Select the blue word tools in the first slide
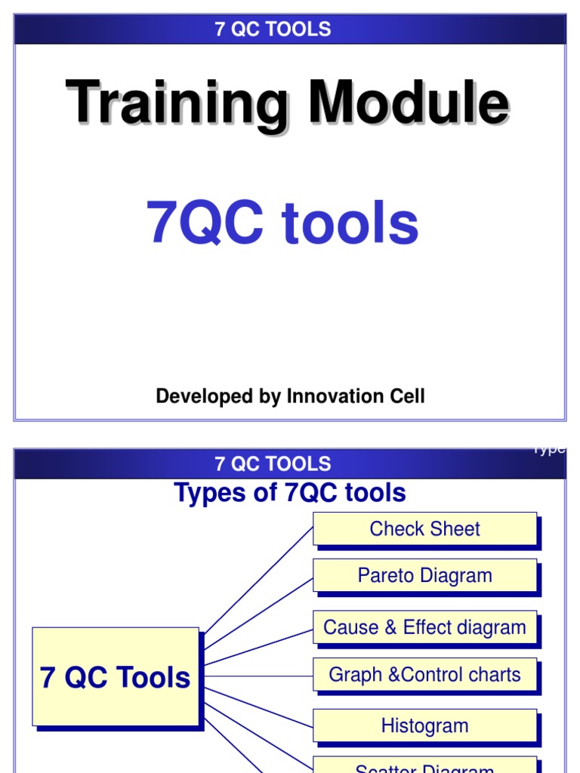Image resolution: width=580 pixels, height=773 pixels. (x=350, y=223)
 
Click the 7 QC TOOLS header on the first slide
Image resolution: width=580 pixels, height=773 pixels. (x=273, y=29)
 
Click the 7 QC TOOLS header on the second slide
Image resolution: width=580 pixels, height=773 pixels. (x=273, y=463)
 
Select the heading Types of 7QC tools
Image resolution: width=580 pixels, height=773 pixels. (x=290, y=493)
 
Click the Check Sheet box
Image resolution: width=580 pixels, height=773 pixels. (x=424, y=529)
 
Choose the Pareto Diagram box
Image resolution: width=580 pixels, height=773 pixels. (x=424, y=576)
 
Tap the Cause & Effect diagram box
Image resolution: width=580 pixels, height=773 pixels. (x=424, y=627)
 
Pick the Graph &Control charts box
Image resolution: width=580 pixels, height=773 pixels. (x=424, y=675)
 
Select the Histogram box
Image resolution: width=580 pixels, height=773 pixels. (x=424, y=726)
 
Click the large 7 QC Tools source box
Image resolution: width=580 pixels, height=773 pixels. (x=116, y=677)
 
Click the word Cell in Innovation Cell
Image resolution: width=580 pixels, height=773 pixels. (x=407, y=396)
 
